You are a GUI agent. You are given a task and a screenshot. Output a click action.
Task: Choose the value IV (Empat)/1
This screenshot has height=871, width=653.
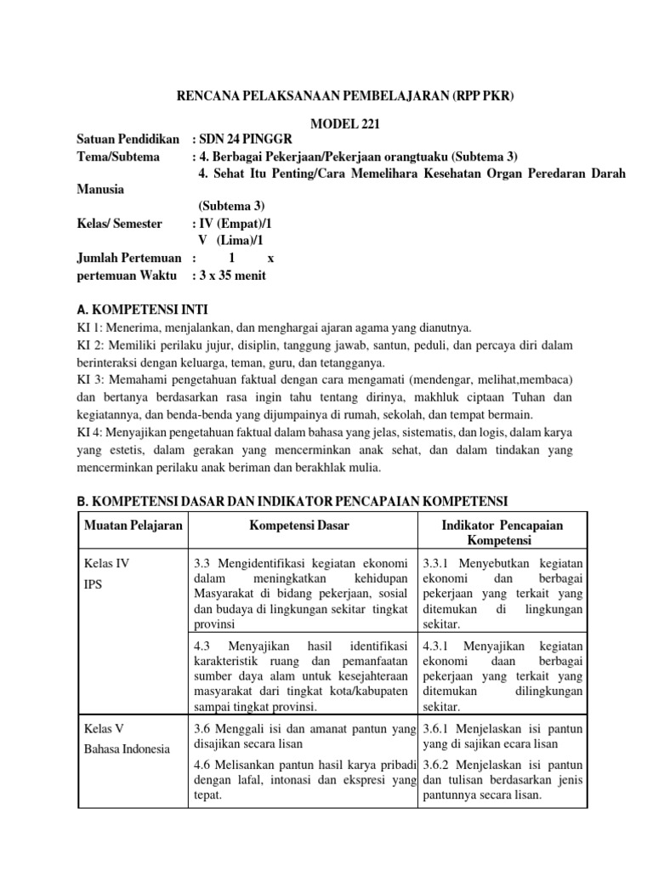click(237, 223)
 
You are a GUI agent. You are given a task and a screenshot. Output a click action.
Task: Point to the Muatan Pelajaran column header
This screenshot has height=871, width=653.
click(133, 527)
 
